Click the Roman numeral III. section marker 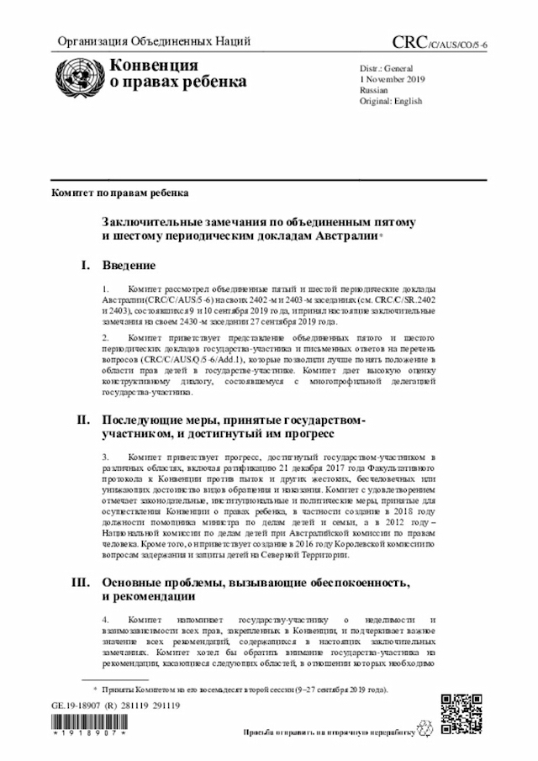pos(82,583)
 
